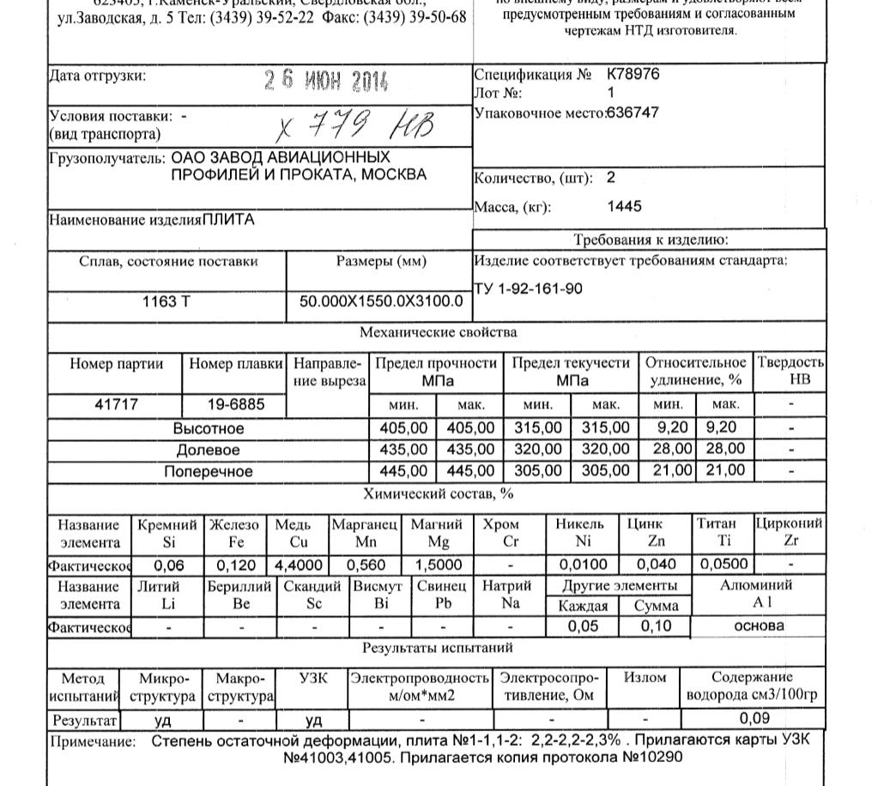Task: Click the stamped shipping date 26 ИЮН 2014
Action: (x=326, y=82)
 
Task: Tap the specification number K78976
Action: (x=633, y=75)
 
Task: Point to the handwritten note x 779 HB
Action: (x=355, y=128)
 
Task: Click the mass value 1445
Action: (x=624, y=207)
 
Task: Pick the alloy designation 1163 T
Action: (x=166, y=302)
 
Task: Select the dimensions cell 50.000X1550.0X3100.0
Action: (x=380, y=302)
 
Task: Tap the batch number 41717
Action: (x=116, y=404)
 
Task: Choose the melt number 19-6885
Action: (x=236, y=404)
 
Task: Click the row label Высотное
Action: (x=209, y=428)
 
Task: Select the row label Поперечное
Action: (x=209, y=471)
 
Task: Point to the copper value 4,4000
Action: (x=299, y=565)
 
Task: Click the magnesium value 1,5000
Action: (x=438, y=565)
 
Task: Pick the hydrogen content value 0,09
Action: (x=754, y=719)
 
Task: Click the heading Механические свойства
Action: (x=438, y=332)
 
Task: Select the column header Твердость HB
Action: (x=790, y=371)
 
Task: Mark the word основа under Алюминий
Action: (x=759, y=626)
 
